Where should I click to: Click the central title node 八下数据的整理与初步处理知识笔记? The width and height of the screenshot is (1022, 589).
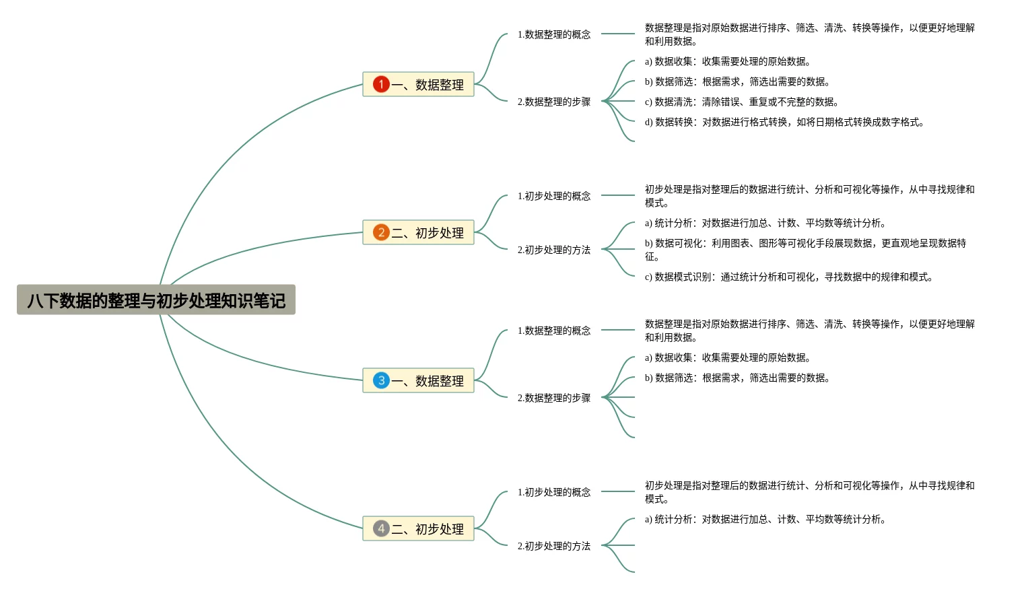156,300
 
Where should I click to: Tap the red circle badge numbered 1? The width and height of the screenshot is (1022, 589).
381,84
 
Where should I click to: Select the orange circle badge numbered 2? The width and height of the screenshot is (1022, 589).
381,232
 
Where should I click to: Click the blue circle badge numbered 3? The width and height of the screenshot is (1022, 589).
381,380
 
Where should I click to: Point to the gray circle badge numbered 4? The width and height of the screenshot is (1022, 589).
381,528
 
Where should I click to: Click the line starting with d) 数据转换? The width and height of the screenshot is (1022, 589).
784,122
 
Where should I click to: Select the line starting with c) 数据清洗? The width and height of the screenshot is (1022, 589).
741,102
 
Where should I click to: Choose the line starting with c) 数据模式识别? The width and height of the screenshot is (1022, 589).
788,277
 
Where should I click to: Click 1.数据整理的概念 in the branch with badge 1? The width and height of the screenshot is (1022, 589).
553,34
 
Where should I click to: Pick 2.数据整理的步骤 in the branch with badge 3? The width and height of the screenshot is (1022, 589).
553,398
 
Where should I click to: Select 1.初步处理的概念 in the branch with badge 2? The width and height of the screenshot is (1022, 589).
553,196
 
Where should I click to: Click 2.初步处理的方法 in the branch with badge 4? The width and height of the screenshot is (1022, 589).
553,546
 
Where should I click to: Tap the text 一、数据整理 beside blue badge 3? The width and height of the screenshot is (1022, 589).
428,381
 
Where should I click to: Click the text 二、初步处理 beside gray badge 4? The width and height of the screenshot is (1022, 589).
428,529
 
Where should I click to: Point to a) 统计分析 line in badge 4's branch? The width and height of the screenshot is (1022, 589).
765,519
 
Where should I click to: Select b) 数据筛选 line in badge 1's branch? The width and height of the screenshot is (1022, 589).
737,81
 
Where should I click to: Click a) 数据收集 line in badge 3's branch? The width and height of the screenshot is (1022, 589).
727,357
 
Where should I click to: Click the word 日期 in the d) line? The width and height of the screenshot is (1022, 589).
825,122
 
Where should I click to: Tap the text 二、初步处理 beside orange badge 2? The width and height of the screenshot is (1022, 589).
428,233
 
